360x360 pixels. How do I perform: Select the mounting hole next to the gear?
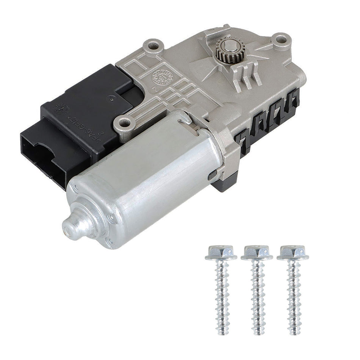280,39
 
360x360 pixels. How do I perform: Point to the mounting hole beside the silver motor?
124,122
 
